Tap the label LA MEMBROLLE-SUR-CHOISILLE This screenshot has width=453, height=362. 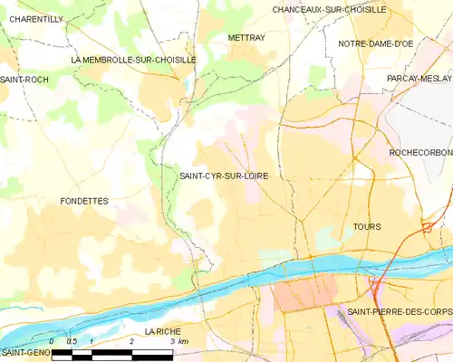(x=133, y=59)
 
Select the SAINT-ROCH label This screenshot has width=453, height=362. (x=24, y=80)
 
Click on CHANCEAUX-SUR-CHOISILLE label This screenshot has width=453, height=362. (x=329, y=9)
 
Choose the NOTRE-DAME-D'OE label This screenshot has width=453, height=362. (x=376, y=43)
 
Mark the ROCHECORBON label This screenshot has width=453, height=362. (x=420, y=153)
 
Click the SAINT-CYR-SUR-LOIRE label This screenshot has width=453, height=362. (x=223, y=176)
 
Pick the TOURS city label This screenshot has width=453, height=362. (x=367, y=226)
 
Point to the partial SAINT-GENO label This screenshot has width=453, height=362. (x=24, y=352)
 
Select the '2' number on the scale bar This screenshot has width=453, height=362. (x=132, y=341)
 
